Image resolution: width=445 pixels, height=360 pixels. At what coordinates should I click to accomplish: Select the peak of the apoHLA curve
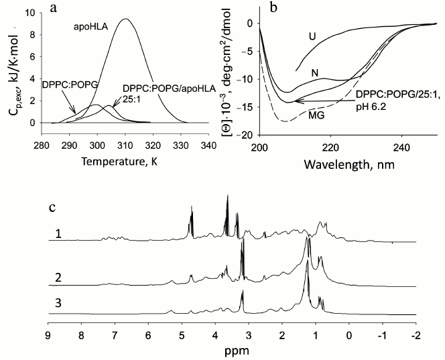coord(125,19)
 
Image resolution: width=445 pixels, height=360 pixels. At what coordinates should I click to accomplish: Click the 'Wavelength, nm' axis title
coord(342,163)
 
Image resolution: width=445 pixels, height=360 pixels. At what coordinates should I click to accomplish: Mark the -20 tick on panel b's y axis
coord(248,135)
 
